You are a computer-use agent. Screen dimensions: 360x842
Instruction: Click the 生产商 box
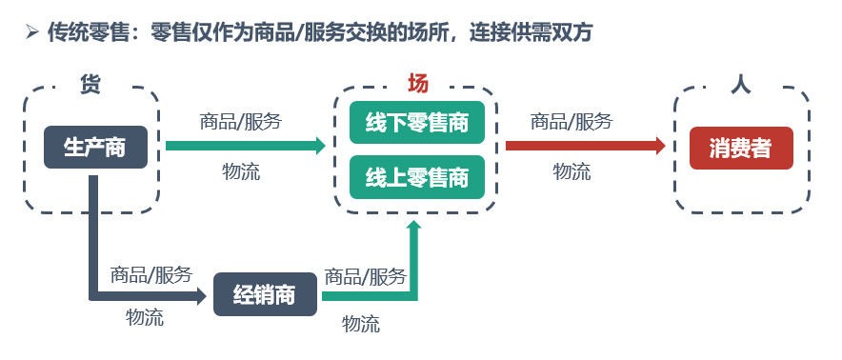pos(95,147)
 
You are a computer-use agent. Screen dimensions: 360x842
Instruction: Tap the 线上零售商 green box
pos(417,176)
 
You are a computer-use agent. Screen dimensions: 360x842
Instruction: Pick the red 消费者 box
pos(740,148)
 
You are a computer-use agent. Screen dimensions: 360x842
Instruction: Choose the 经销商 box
pos(267,294)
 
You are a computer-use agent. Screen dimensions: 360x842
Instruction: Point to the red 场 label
pos(417,83)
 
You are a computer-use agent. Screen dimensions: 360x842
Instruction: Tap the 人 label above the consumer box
pos(740,84)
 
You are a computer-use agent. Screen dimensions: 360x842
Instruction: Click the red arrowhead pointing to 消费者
pos(657,146)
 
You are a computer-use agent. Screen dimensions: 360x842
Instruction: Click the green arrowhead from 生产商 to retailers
pos(317,146)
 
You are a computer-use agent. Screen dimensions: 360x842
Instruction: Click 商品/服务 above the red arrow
pos(571,121)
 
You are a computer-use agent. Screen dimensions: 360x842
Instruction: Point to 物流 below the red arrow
pos(571,171)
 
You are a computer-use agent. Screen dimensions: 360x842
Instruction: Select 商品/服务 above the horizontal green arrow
pos(241,121)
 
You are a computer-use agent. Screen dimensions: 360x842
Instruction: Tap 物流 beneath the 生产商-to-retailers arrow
pos(241,171)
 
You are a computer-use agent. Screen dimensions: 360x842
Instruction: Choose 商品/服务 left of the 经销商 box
pos(151,274)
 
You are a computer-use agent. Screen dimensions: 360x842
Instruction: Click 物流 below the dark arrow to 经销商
pos(145,317)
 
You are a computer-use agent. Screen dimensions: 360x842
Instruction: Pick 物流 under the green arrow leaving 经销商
pos(361,324)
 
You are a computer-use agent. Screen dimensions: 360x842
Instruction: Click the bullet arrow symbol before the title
pos(31,33)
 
